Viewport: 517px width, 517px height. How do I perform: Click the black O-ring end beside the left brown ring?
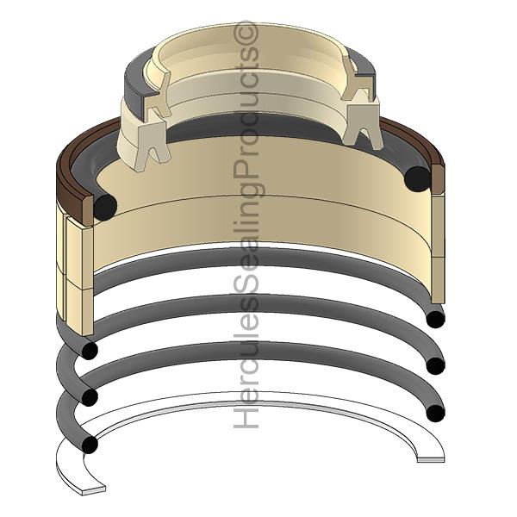[x=105, y=207]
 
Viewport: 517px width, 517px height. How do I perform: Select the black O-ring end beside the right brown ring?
[x=419, y=179]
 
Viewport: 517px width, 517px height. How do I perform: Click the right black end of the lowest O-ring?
[x=435, y=413]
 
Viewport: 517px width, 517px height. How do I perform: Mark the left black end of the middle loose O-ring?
[x=90, y=397]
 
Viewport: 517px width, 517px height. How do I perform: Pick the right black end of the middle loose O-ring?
[x=435, y=365]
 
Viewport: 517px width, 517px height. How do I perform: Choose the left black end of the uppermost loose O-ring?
[x=90, y=350]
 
